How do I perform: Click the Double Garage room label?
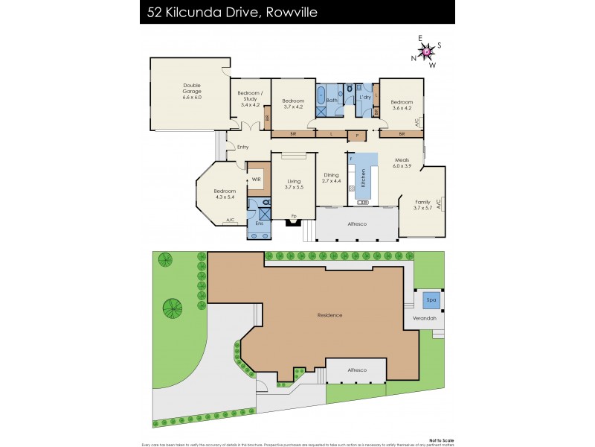tap(192, 91)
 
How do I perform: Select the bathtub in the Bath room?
tap(321, 96)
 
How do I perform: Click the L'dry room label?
tap(365, 98)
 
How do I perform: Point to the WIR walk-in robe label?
tap(256, 179)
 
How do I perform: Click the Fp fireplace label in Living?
tap(293, 217)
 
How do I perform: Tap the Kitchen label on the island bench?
tap(363, 177)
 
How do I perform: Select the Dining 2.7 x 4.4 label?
tap(331, 177)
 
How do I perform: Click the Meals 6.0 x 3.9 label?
tap(402, 162)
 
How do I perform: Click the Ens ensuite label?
tap(259, 223)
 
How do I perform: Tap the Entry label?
tap(242, 147)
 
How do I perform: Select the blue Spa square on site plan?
tap(431, 301)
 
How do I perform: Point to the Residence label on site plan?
tap(329, 315)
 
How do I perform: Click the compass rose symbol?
tap(426, 51)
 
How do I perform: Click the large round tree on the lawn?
tap(173, 307)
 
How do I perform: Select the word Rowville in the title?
tap(280, 12)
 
